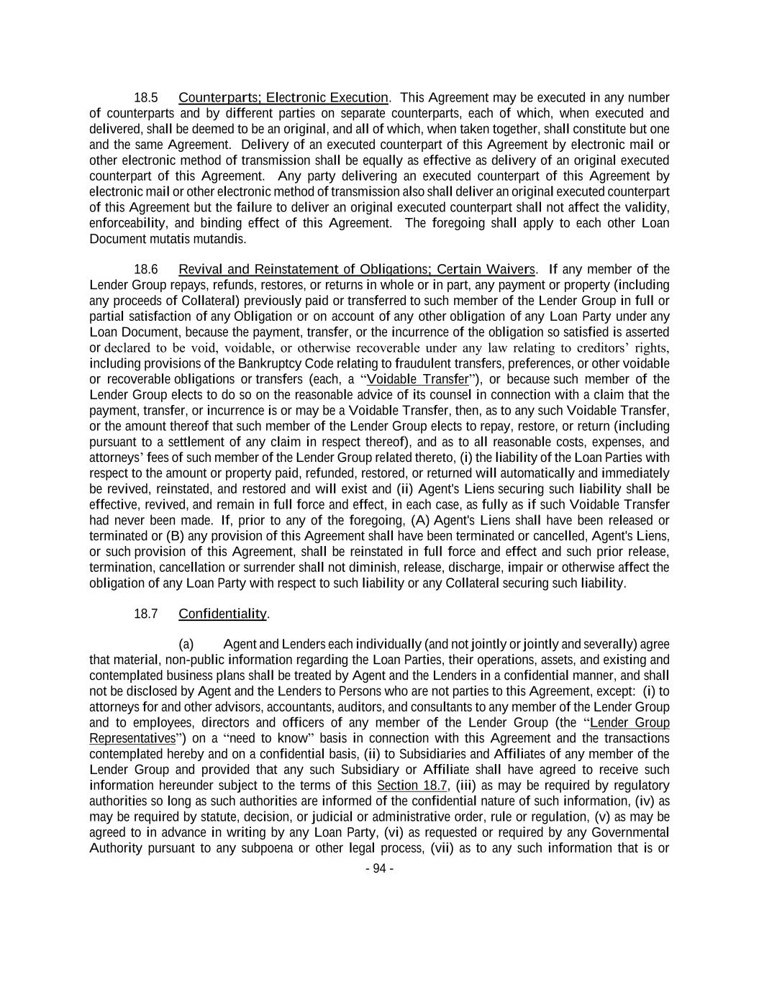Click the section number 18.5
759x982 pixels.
tap(146, 97)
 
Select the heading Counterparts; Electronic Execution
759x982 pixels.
tap(283, 97)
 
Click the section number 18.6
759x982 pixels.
tap(146, 269)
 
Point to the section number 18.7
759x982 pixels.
tap(146, 614)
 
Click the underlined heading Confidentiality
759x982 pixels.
tap(222, 614)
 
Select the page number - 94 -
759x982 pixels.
tap(379, 868)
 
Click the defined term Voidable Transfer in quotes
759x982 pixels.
tap(417, 379)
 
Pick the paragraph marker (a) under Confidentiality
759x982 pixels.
tap(186, 644)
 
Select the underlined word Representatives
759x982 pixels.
tap(132, 738)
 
